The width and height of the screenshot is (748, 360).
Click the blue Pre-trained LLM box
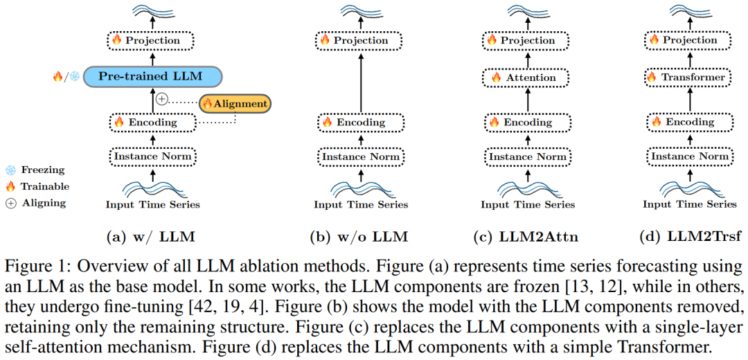pos(152,76)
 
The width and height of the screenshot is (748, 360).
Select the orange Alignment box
pos(234,104)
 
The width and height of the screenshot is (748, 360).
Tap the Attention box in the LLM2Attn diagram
pos(528,78)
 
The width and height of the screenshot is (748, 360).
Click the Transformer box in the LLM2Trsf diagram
pos(689,78)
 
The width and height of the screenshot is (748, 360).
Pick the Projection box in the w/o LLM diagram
pos(360,40)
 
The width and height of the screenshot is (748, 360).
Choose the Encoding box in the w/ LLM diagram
pos(152,123)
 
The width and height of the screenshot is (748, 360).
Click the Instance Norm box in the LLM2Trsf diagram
pos(689,156)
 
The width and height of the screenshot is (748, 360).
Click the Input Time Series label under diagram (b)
pos(360,204)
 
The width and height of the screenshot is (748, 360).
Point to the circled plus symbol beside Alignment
pos(161,99)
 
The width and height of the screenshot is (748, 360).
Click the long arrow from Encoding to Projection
pos(360,83)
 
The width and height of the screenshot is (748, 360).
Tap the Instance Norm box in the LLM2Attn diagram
pos(528,156)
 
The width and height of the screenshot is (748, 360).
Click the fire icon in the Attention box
pos(497,78)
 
